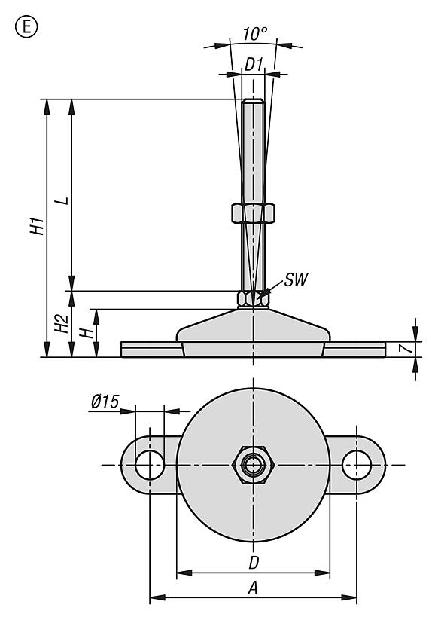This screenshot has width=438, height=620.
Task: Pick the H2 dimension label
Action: [x=62, y=324]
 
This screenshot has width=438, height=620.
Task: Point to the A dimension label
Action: [x=254, y=588]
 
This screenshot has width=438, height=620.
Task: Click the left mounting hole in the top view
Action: [x=150, y=464]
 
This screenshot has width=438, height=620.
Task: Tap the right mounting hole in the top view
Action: [x=356, y=464]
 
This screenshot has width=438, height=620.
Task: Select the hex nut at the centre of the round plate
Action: [x=253, y=464]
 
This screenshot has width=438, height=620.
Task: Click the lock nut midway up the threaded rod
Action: [x=253, y=213]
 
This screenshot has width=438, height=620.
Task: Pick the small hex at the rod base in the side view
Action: [x=253, y=298]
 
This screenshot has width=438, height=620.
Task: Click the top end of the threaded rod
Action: [x=253, y=102]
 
